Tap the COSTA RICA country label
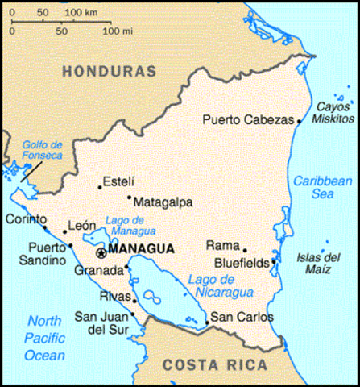coord(214,364)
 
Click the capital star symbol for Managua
coord(101,253)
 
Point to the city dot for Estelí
coord(100,187)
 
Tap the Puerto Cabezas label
coord(247,120)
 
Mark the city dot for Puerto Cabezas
coord(299,121)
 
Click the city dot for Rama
coord(245,250)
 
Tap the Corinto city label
coord(22,219)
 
